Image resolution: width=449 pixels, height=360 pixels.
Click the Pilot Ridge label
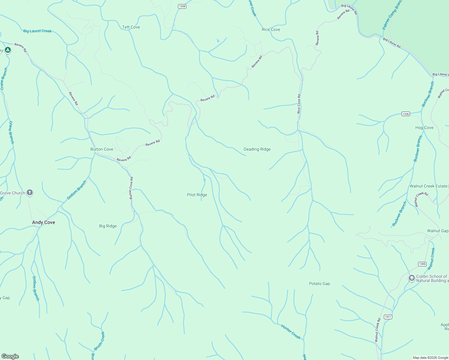[x=197, y=195]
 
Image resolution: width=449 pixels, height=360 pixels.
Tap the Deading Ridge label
[x=257, y=149]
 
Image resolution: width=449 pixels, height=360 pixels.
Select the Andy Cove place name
[x=44, y=222]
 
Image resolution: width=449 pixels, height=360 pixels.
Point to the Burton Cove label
[x=102, y=149]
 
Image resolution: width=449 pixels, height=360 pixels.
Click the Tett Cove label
[x=131, y=27]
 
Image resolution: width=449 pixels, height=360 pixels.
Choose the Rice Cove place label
[x=271, y=30]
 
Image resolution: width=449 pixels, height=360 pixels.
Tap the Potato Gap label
[x=319, y=284]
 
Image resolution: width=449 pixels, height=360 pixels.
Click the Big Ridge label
[x=108, y=226]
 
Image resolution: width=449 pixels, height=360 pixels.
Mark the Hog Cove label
[x=424, y=128]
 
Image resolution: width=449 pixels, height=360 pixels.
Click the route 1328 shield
[x=182, y=6]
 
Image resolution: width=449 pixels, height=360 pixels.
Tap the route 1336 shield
[x=405, y=114]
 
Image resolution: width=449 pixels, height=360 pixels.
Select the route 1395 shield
[x=422, y=264]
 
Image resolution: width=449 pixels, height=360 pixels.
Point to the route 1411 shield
[x=388, y=317]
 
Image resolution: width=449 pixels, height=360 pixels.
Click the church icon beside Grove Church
[x=30, y=193]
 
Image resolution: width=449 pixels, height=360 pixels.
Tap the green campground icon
[x=8, y=50]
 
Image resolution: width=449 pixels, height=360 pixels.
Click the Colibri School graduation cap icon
[x=411, y=278]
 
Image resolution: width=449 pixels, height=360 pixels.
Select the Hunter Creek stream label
[x=291, y=332]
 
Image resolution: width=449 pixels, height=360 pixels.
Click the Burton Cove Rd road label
[x=131, y=188]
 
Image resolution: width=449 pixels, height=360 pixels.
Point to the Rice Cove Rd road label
[x=299, y=104]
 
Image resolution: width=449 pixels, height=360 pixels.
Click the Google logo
[x=10, y=356]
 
